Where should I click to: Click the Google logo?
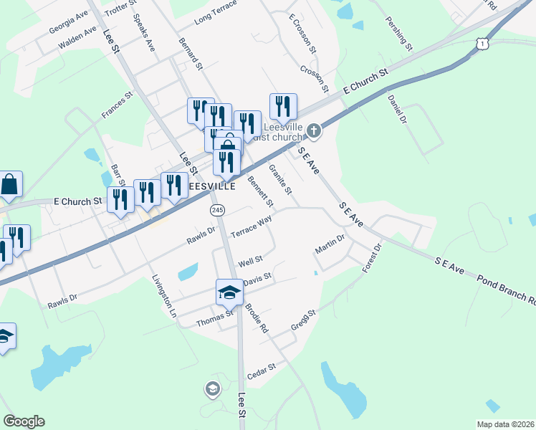click(x=24, y=421)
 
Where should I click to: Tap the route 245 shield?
click(x=218, y=210)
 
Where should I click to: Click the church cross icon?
click(x=314, y=130)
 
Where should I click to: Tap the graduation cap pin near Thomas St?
click(x=229, y=292)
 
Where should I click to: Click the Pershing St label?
click(x=399, y=34)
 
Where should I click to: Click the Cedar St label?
click(x=261, y=369)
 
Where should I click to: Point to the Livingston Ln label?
click(x=163, y=295)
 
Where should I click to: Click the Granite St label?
click(x=280, y=179)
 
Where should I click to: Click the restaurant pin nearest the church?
click(x=283, y=107)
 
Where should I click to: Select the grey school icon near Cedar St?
click(x=212, y=389)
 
